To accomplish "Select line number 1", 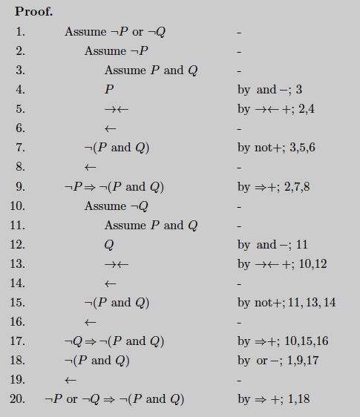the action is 20,32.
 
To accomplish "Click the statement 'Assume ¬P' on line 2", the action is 116,51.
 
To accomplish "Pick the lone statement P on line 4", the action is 109,90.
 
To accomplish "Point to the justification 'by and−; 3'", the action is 269,90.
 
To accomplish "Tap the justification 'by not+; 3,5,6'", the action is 275,148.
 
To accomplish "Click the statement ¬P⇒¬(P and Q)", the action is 114,186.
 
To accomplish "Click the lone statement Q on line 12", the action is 109,244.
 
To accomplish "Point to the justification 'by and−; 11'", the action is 272,244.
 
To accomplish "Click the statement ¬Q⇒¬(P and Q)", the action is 114,341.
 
